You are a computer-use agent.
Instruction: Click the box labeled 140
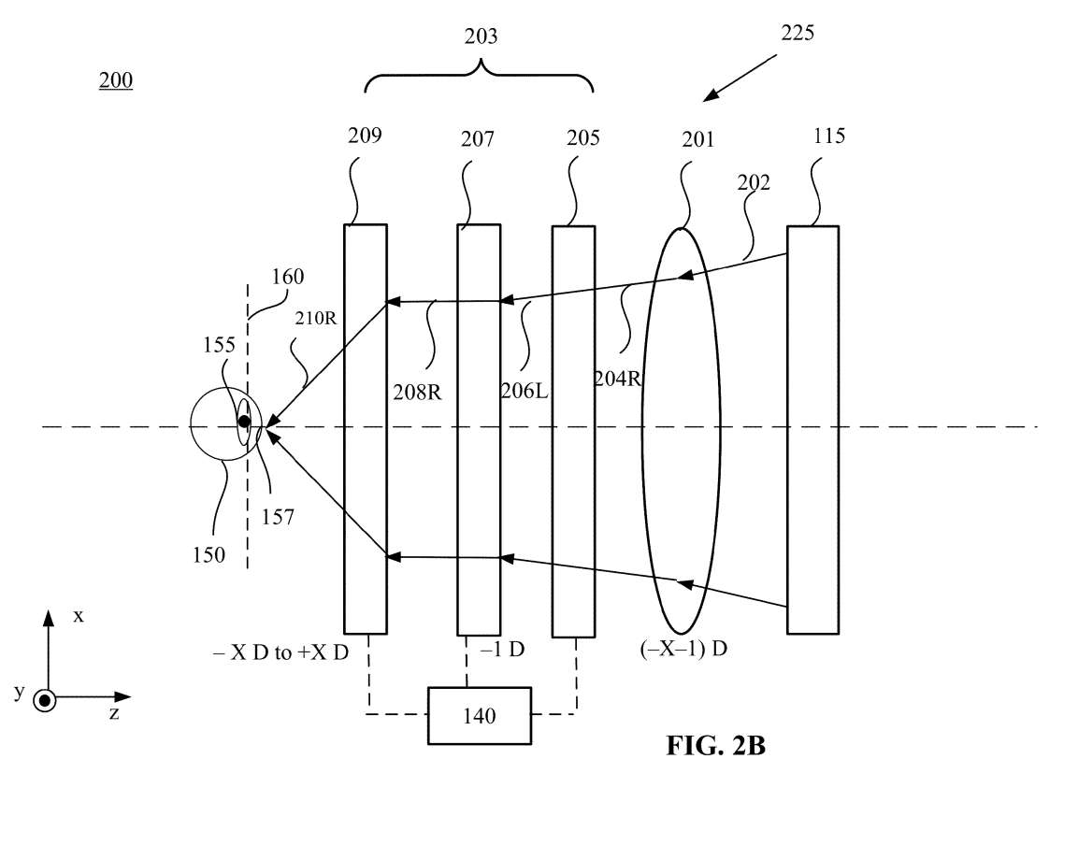[479, 716]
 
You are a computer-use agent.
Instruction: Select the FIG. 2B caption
[715, 745]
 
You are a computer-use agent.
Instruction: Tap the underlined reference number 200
[116, 81]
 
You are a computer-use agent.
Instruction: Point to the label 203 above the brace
[481, 37]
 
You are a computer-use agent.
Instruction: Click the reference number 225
[798, 33]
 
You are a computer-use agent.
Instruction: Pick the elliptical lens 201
[681, 430]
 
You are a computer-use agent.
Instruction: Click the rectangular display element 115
[812, 430]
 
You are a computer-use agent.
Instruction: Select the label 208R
[417, 392]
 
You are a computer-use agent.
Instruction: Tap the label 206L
[523, 390]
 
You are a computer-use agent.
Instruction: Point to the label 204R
[618, 379]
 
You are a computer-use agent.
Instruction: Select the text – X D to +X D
[280, 652]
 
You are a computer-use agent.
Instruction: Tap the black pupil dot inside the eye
[244, 422]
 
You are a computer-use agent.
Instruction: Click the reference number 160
[287, 277]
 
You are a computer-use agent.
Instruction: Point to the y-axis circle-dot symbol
[44, 699]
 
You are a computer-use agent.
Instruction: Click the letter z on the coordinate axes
[113, 713]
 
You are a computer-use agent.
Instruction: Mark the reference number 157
[278, 515]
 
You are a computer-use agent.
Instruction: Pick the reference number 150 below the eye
[208, 554]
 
